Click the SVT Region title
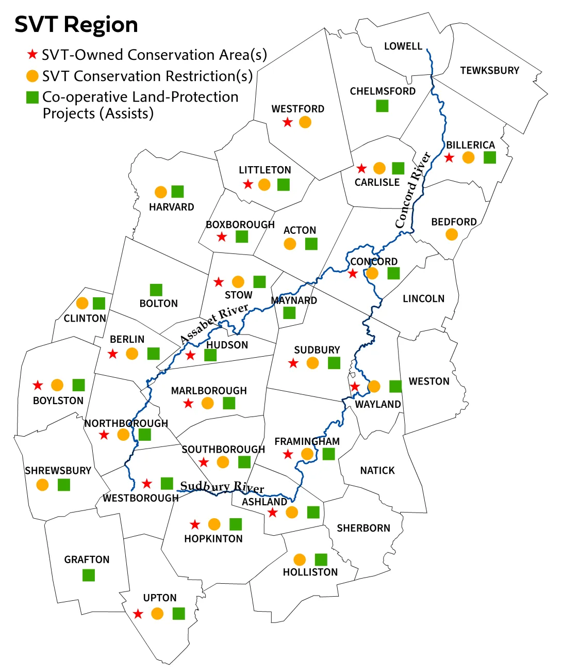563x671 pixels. coord(76,25)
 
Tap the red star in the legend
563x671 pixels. coord(32,54)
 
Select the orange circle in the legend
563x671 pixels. coord(32,76)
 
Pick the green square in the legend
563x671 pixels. coord(32,97)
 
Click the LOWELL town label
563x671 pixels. coord(403,46)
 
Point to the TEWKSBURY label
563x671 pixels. coord(489,70)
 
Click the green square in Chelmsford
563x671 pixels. coord(382,106)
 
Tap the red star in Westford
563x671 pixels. coord(288,122)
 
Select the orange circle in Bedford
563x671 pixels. coord(452,235)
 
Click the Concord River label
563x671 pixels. coord(412,190)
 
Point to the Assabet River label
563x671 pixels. coord(214,324)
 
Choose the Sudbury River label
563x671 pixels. coord(222,487)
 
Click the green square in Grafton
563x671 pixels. coord(89,575)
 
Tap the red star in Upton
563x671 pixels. coord(138,614)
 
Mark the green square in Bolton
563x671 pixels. coord(156,290)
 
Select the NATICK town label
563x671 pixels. coord(377,470)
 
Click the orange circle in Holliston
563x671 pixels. coord(300,560)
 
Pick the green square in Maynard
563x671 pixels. coord(289,313)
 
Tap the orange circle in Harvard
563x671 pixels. coord(161,192)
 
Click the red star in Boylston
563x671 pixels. coord(38,385)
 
